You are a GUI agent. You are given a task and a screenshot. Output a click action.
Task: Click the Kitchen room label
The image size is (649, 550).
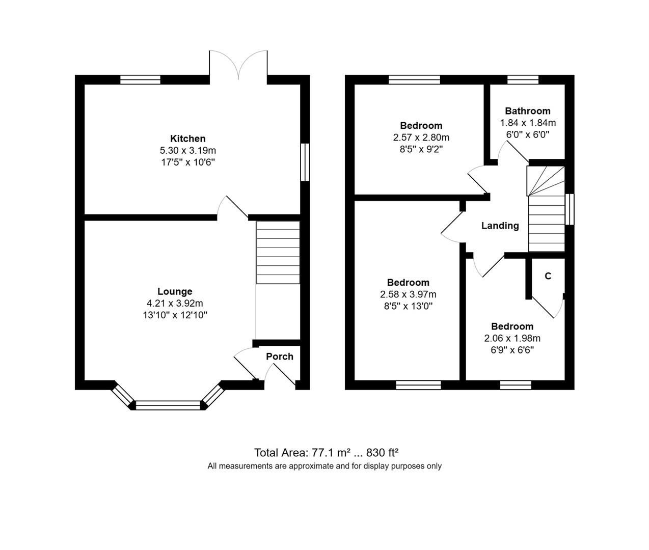click(x=187, y=139)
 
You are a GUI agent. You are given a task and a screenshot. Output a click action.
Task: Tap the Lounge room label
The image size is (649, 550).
click(x=175, y=291)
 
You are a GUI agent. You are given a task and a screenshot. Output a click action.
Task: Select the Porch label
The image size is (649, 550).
click(x=280, y=356)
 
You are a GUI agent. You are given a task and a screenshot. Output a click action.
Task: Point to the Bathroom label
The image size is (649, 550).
click(x=528, y=111)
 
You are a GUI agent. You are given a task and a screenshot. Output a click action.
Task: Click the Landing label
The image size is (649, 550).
click(x=500, y=226)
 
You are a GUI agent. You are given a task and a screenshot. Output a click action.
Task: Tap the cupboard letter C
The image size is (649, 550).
click(x=548, y=276)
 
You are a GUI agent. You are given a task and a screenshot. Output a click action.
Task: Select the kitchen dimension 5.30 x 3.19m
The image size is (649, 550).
click(x=187, y=151)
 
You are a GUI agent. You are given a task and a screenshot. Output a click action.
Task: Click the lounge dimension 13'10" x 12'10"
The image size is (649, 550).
click(x=175, y=315)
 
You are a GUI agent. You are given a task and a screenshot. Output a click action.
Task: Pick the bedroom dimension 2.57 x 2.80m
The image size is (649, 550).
click(x=421, y=137)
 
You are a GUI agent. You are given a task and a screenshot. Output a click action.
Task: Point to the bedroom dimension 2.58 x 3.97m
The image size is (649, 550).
click(x=408, y=294)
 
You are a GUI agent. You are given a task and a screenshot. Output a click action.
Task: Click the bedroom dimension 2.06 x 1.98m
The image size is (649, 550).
click(x=512, y=338)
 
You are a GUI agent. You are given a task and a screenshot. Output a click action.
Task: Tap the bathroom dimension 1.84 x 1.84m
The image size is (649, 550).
click(x=528, y=123)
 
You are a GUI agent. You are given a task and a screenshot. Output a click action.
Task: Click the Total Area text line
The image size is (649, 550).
click(x=326, y=453)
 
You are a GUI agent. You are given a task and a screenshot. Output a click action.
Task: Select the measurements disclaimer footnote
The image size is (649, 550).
click(x=324, y=466)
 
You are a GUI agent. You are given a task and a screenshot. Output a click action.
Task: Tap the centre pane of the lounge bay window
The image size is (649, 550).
click(x=168, y=405)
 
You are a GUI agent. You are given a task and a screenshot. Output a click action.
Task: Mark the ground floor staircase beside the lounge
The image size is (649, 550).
click(x=278, y=253)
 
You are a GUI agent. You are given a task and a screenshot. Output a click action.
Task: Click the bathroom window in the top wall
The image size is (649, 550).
click(x=523, y=79)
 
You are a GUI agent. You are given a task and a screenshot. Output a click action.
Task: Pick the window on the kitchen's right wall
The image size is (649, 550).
click(x=305, y=162)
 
